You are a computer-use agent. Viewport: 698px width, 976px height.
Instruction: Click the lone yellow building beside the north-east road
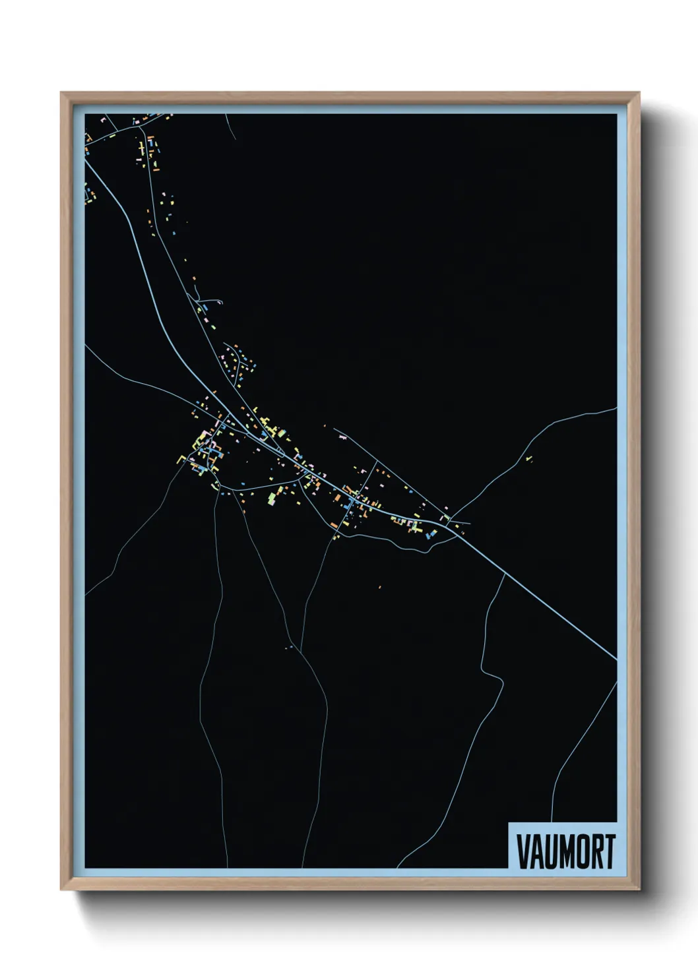(528, 458)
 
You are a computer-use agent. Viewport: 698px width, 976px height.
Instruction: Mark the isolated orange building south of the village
(379, 586)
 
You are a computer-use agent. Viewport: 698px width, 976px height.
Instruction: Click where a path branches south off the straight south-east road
(505, 574)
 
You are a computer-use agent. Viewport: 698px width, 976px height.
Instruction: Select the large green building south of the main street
(270, 498)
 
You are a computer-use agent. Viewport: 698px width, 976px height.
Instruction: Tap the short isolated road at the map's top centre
(231, 127)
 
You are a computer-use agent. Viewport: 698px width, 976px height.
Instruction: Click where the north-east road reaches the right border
(616, 408)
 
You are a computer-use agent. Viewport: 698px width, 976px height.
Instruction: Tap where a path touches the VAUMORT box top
(552, 822)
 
